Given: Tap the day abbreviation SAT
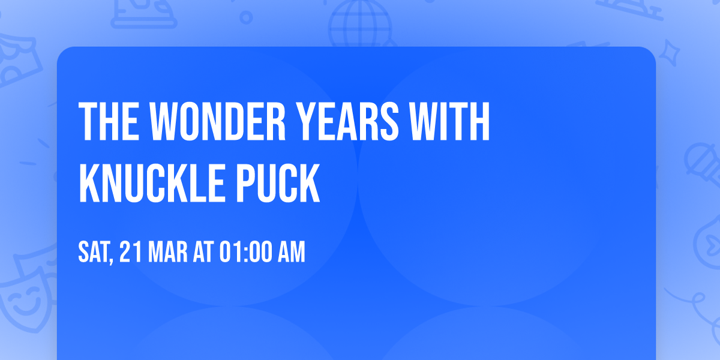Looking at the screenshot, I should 93,253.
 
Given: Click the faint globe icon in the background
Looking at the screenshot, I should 358,21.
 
